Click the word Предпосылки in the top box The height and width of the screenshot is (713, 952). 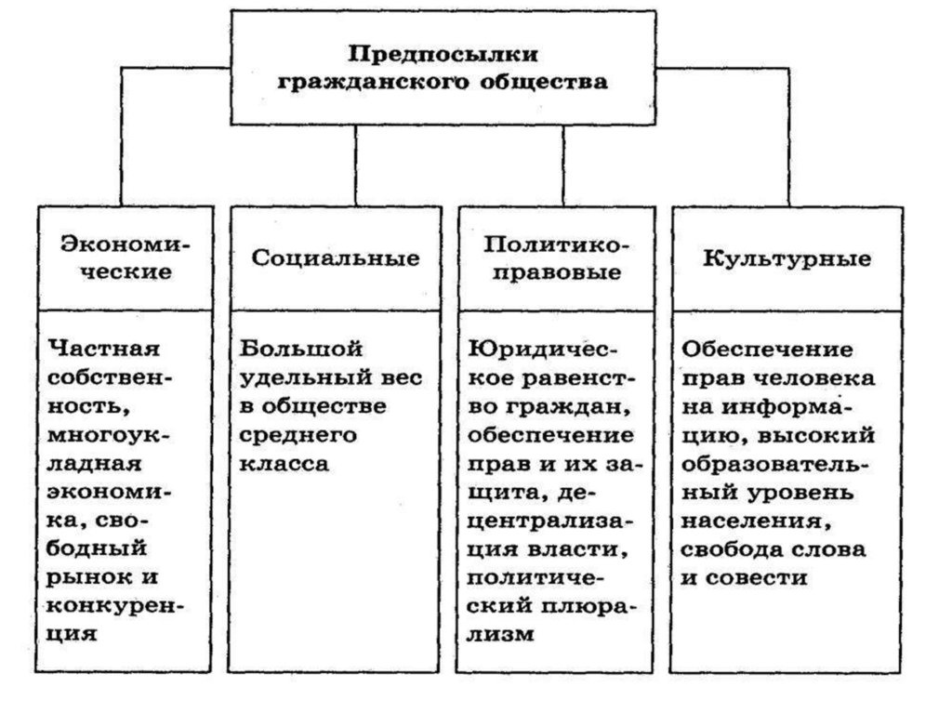(x=443, y=55)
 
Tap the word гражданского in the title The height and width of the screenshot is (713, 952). (x=374, y=82)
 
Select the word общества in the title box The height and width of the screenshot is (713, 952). (x=544, y=81)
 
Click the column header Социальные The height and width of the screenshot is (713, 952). (x=336, y=258)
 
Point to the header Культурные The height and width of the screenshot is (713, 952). (x=787, y=258)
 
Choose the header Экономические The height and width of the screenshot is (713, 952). (x=126, y=257)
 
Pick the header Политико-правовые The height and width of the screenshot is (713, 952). (x=557, y=257)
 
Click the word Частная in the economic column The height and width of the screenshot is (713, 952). (x=104, y=349)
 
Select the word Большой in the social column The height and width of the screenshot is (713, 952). (x=301, y=349)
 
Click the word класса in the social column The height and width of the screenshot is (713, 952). (x=284, y=464)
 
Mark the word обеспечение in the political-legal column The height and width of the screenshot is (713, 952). (x=550, y=435)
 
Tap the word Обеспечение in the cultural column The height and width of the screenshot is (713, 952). (x=767, y=350)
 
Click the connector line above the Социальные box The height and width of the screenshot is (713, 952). (x=356, y=165)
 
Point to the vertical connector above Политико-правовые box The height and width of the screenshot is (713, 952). (x=563, y=165)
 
